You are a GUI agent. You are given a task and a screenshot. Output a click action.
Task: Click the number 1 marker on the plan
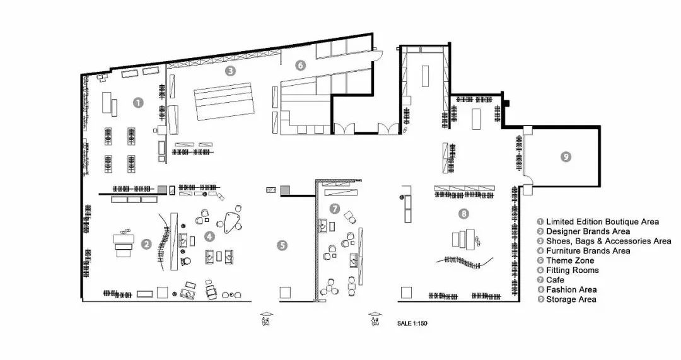(x=137, y=103)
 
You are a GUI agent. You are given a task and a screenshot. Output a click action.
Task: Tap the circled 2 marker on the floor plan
(x=146, y=245)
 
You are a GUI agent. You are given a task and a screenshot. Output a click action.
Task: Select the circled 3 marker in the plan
(x=230, y=71)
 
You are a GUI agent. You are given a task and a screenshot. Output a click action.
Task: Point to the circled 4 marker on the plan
(x=210, y=236)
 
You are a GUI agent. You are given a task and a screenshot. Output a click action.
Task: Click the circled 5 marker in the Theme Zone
(x=282, y=246)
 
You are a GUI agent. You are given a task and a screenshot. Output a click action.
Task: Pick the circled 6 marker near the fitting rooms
(x=300, y=66)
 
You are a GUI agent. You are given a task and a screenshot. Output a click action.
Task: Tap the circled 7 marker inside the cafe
(x=334, y=209)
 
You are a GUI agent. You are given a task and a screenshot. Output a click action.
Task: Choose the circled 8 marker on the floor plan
(x=464, y=214)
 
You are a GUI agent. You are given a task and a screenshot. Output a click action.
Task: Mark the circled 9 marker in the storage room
(x=566, y=157)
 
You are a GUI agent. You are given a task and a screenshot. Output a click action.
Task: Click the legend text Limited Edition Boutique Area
(x=602, y=222)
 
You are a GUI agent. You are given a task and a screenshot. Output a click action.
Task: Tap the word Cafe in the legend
(x=555, y=280)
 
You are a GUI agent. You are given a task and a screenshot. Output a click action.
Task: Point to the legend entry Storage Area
(x=571, y=299)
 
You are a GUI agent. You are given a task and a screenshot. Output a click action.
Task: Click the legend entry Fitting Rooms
(x=573, y=270)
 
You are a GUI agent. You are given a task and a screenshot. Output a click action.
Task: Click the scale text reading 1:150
(x=420, y=323)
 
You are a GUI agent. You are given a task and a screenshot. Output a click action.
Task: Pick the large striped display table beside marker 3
(x=224, y=101)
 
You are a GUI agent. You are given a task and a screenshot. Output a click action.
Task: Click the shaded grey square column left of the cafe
(x=286, y=190)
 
